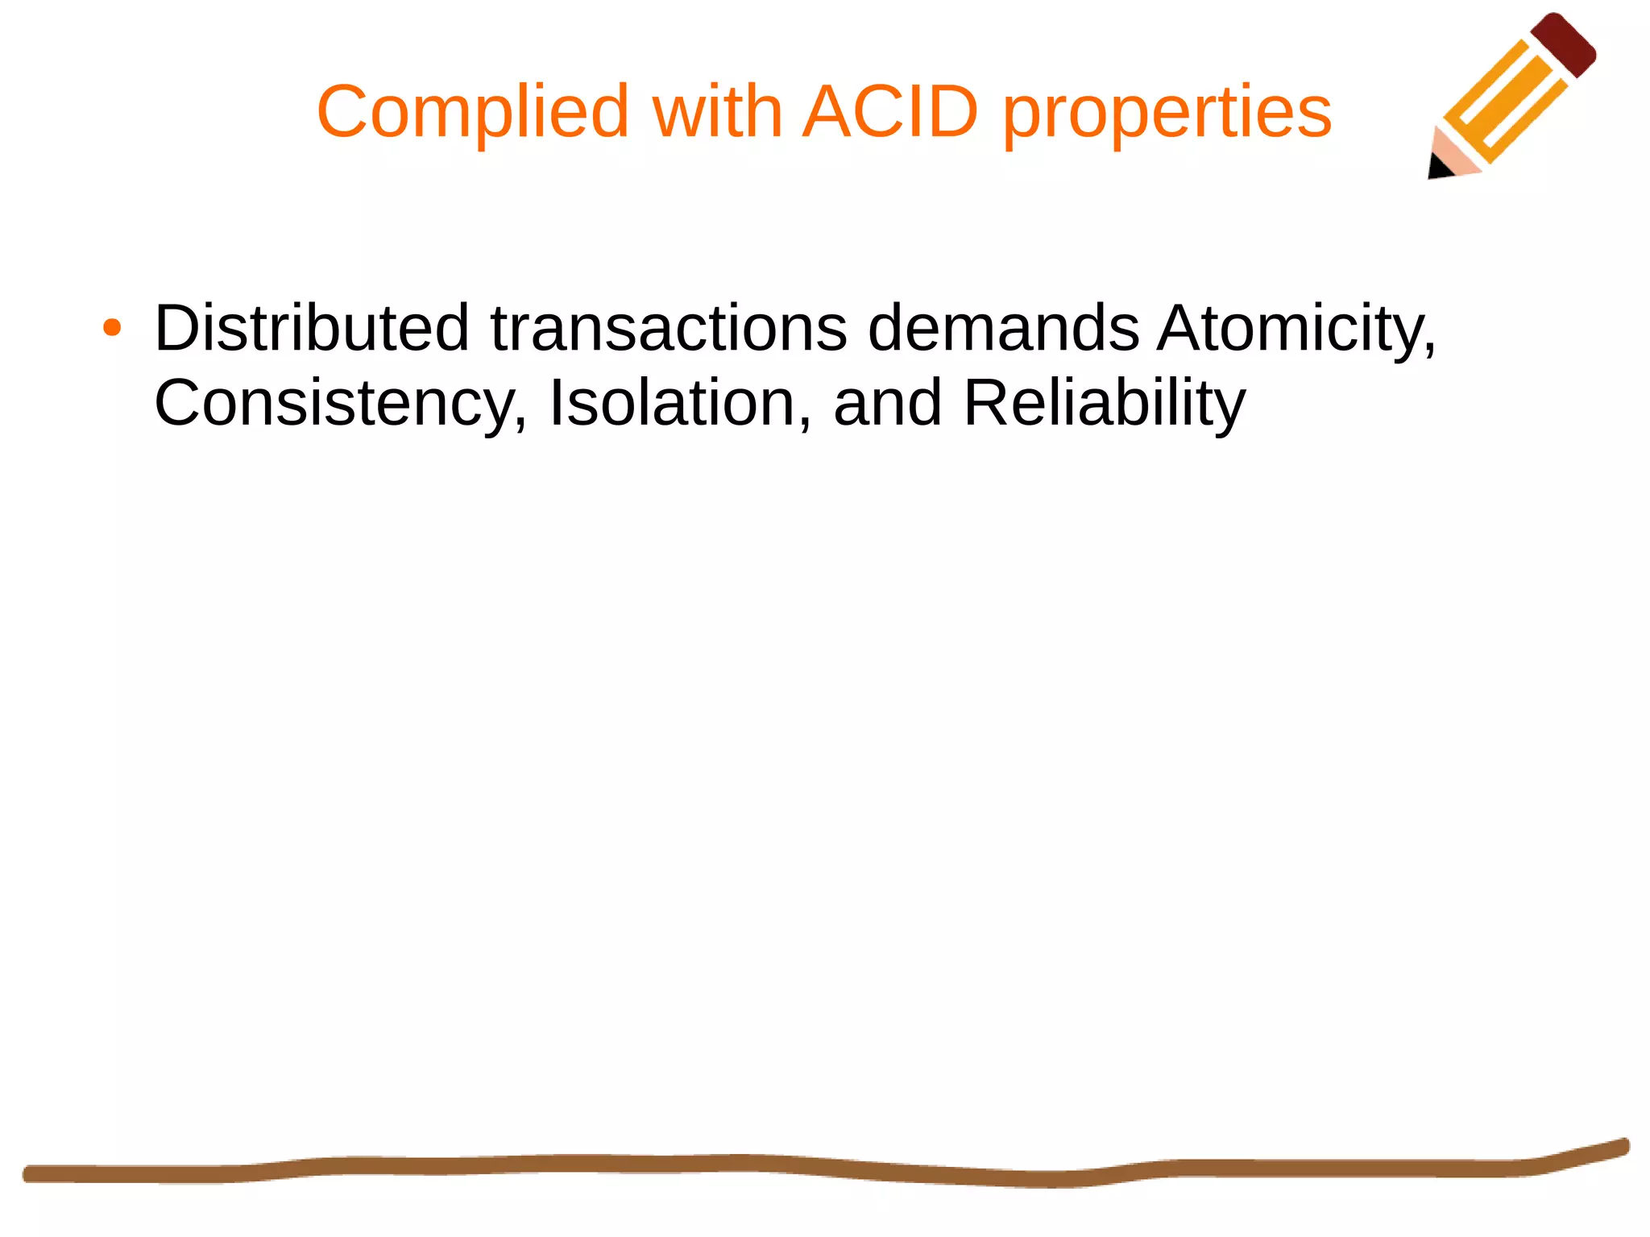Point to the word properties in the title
point(1167,113)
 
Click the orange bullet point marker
point(112,328)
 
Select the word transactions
point(669,328)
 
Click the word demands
point(1003,328)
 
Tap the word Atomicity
point(1290,328)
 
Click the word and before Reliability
point(887,402)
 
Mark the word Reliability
point(1104,402)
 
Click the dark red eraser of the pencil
point(1564,44)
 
